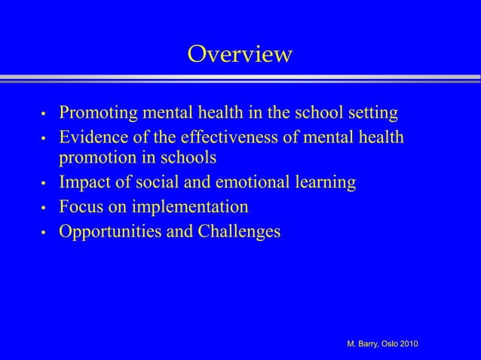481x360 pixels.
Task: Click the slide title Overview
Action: [x=240, y=54]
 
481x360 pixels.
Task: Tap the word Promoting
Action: [x=96, y=114]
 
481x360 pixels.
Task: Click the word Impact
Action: [x=84, y=182]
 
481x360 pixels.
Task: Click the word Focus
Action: [x=81, y=206]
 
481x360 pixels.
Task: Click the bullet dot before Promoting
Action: [x=44, y=116]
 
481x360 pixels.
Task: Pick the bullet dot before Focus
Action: [x=44, y=208]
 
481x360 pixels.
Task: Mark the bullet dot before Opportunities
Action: [x=44, y=232]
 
